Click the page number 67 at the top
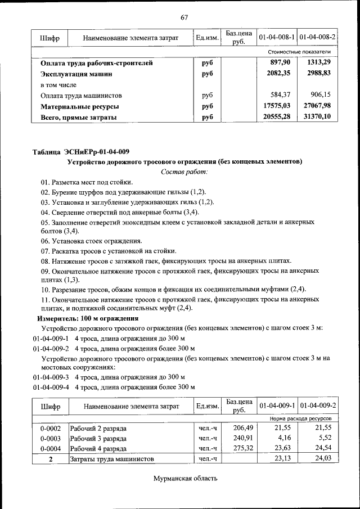coord(184,16)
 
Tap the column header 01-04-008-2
coord(318,37)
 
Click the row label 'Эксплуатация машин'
coord(76,74)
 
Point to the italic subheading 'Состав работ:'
coord(184,172)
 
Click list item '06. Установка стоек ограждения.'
coord(91,241)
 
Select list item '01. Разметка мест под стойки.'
coord(87,182)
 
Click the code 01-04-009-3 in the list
coord(51,377)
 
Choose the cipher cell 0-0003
coord(50,438)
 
